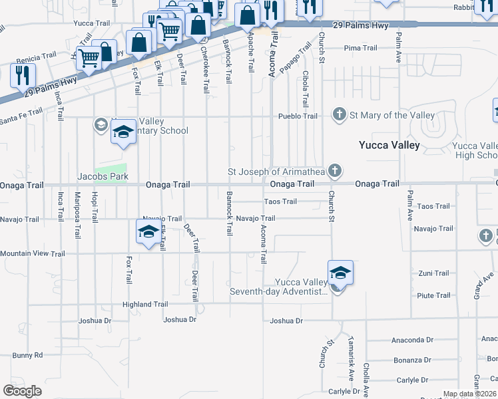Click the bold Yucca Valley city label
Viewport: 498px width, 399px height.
point(389,145)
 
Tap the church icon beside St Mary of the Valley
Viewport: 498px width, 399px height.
point(340,115)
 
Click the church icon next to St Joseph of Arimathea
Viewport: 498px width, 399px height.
point(334,172)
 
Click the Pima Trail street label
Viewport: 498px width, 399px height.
point(360,48)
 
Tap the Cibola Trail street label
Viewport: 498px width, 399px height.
point(306,89)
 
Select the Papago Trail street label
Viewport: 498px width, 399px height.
point(295,58)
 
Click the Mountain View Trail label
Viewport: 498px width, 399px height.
point(33,253)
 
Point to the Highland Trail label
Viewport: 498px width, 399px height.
point(145,304)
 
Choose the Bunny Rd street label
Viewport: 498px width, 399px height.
point(27,355)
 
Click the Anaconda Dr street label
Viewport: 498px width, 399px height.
point(412,340)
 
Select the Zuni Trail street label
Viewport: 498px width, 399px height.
point(433,273)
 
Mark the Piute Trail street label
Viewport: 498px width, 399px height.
point(433,295)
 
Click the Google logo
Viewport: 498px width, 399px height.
point(22,391)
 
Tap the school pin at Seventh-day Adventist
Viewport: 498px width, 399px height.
point(340,273)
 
